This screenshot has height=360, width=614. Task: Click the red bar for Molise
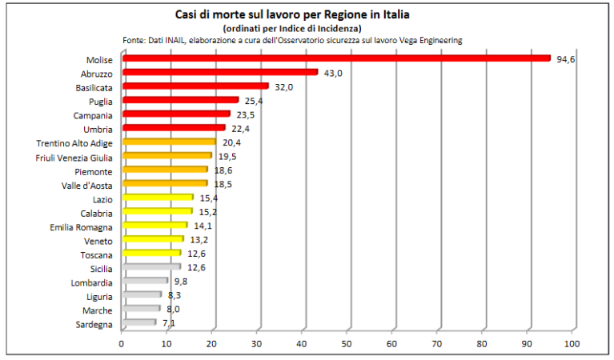point(336,58)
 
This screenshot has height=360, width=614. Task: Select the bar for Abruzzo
point(220,73)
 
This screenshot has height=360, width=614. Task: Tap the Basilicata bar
point(195,86)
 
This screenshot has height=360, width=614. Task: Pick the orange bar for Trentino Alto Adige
point(169,142)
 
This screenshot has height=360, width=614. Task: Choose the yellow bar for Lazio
point(158,198)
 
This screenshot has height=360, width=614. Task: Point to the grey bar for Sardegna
point(138,323)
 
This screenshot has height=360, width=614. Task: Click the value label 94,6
point(566,59)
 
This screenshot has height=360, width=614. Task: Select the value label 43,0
point(333,74)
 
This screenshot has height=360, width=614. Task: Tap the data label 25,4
point(254,102)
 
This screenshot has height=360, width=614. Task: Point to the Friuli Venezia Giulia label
point(75,158)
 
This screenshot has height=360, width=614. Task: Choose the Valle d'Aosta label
point(86,186)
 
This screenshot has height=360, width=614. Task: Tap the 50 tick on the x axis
point(347,344)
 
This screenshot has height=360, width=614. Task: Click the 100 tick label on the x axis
point(572,344)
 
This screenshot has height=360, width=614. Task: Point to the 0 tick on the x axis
point(122,344)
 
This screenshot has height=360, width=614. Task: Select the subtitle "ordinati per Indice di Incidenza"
point(292,28)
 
